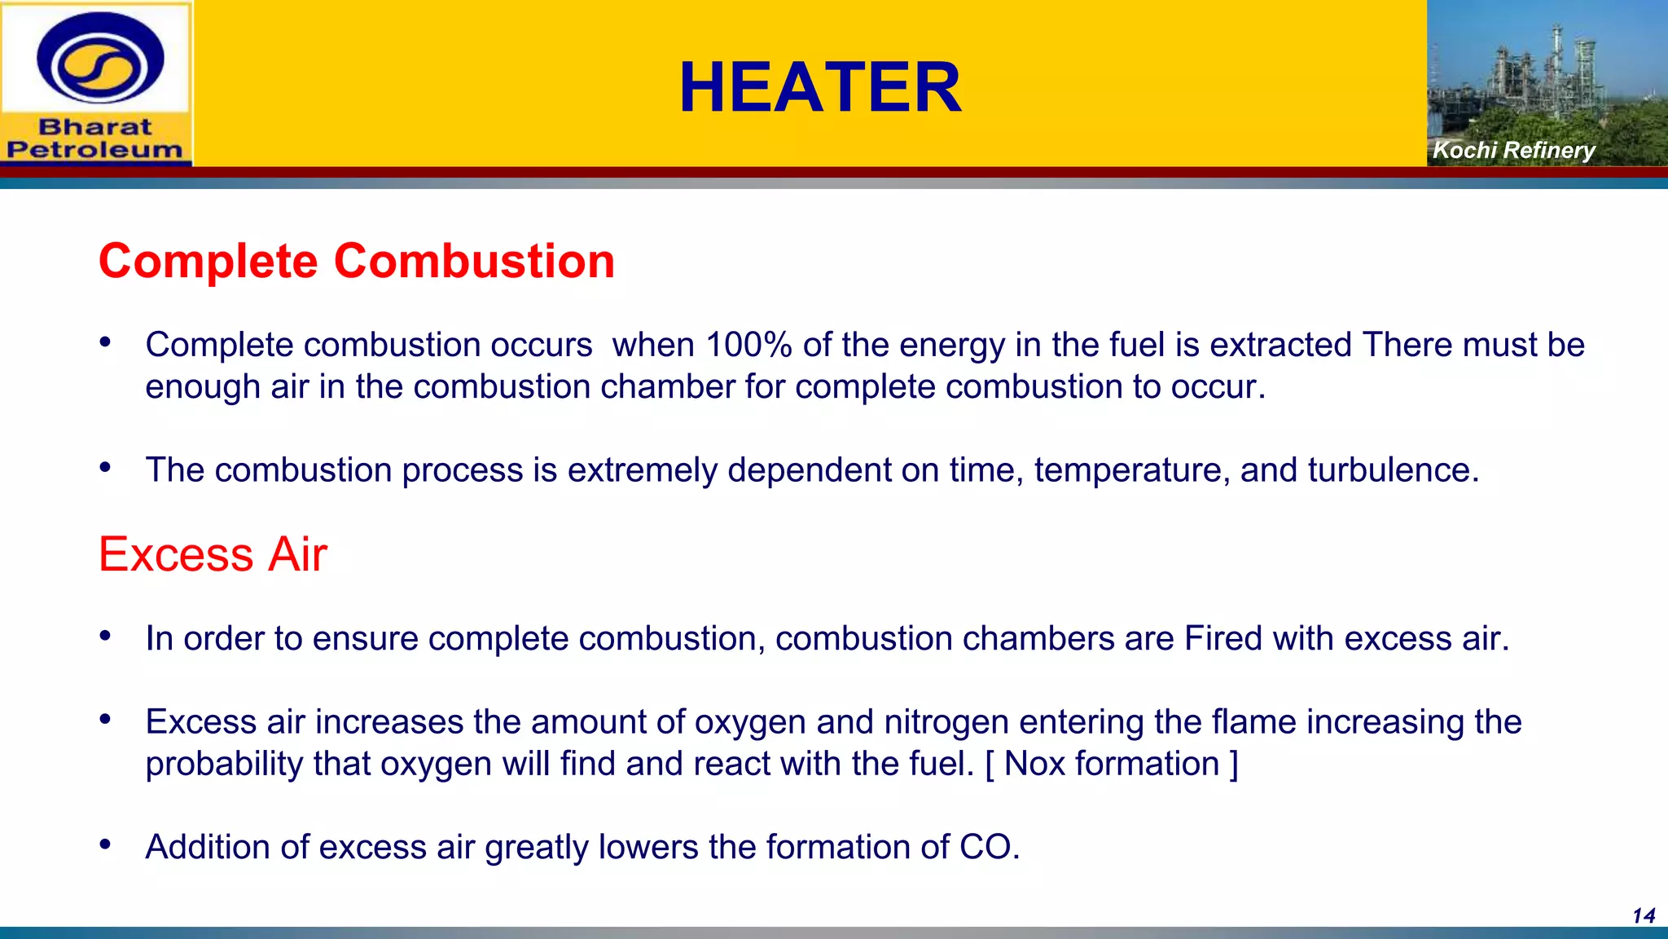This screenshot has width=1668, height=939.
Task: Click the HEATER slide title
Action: tap(820, 87)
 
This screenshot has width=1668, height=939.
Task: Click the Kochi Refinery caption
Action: tap(1513, 150)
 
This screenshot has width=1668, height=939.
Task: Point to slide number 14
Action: tap(1643, 916)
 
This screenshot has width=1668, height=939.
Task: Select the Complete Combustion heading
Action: tap(357, 261)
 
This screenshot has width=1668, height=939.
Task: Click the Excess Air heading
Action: tap(213, 554)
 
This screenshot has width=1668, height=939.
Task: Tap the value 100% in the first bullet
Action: tap(748, 345)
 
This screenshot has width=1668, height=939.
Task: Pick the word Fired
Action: tap(1222, 638)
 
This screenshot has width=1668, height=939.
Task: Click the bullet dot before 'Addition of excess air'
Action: tap(105, 844)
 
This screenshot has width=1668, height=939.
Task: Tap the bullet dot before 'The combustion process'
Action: tap(105, 468)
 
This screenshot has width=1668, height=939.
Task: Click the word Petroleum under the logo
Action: tap(95, 150)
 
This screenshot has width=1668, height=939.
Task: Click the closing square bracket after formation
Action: tap(1234, 764)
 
